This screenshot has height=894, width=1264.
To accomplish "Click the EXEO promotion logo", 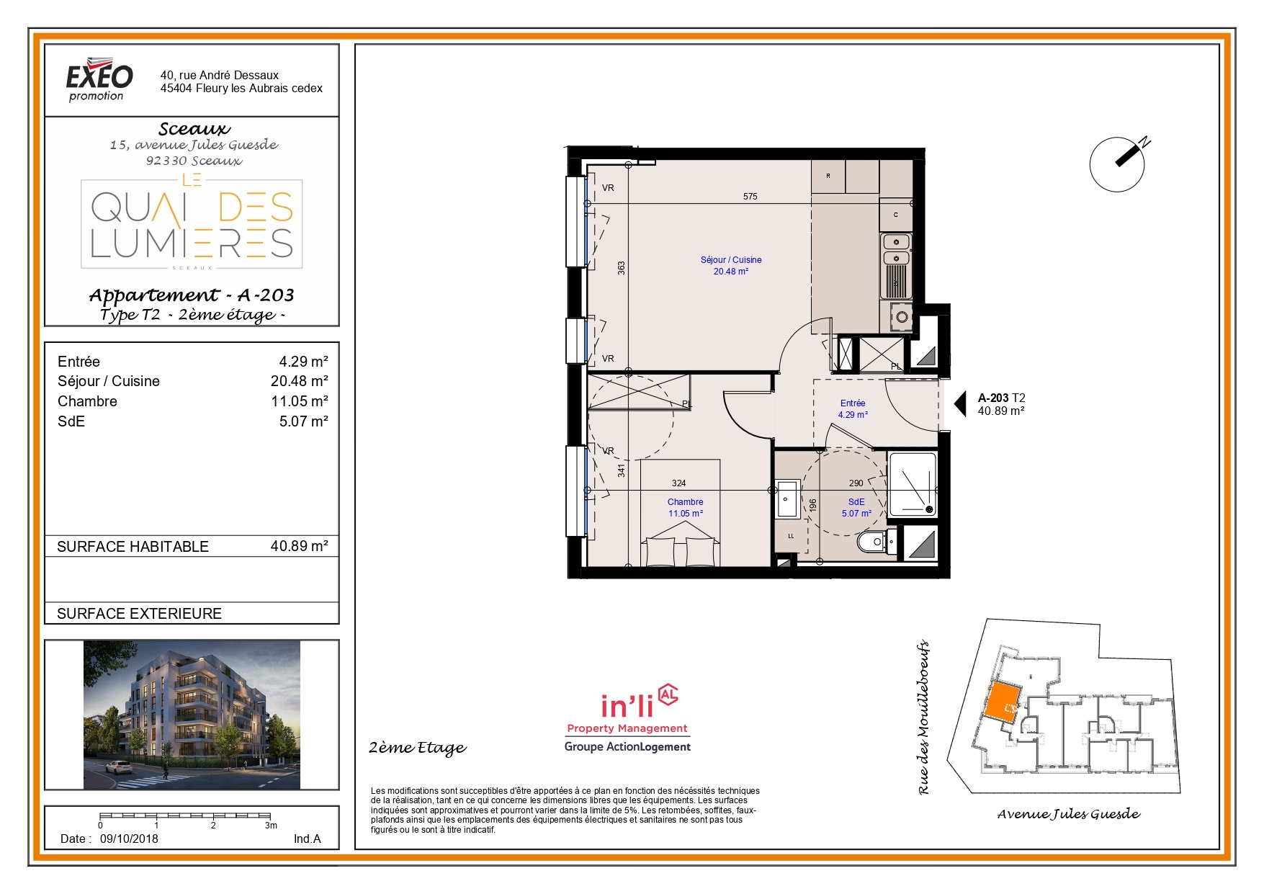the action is (99, 79).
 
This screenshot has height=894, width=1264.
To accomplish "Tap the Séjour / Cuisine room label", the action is (730, 265).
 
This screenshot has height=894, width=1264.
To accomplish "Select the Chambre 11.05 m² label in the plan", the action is (685, 507).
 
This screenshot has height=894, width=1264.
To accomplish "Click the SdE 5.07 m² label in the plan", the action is (856, 507).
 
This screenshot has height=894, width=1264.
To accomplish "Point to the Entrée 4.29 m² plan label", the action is (853, 408).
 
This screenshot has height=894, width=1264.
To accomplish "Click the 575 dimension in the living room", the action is (750, 196).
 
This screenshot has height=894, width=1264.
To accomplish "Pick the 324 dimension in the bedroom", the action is (678, 483).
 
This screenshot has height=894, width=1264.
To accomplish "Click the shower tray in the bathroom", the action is (913, 484).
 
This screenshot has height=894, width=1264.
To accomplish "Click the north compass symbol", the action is (1119, 163).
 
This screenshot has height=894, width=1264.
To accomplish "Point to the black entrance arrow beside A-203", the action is (960, 403).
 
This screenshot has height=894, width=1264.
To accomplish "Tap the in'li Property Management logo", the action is (627, 719).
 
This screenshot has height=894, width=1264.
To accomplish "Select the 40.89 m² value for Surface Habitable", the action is (299, 546).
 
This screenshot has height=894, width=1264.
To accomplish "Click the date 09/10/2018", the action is (129, 839).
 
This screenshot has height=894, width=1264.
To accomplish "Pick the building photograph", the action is (192, 715).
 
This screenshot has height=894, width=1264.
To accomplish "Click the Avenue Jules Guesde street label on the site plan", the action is (1068, 814).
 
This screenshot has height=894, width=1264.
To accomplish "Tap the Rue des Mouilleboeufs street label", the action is (924, 718).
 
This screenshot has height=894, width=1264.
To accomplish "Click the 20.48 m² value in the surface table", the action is (299, 381).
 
